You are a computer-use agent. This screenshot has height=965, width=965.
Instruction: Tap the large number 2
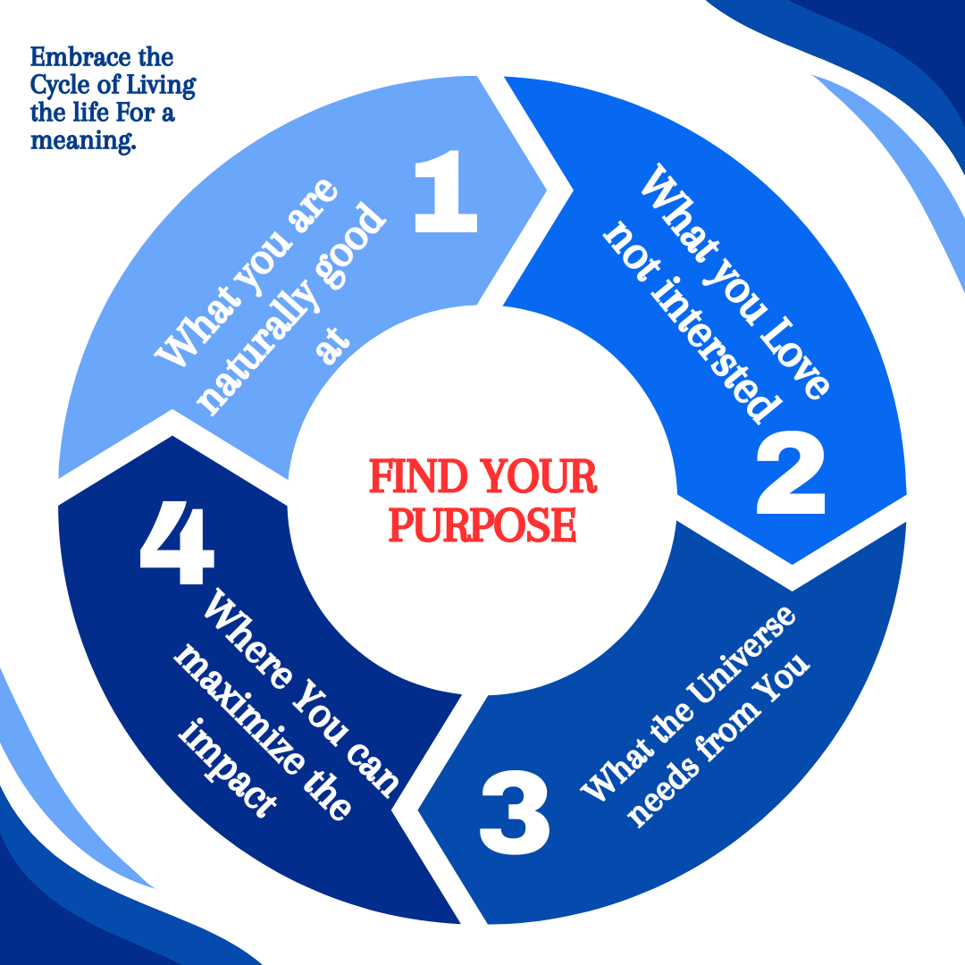(790, 474)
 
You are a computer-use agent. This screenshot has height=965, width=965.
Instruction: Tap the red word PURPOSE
(482, 525)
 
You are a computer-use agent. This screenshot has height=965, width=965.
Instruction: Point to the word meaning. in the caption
(83, 140)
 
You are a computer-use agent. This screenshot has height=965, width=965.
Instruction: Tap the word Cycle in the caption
(61, 86)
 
